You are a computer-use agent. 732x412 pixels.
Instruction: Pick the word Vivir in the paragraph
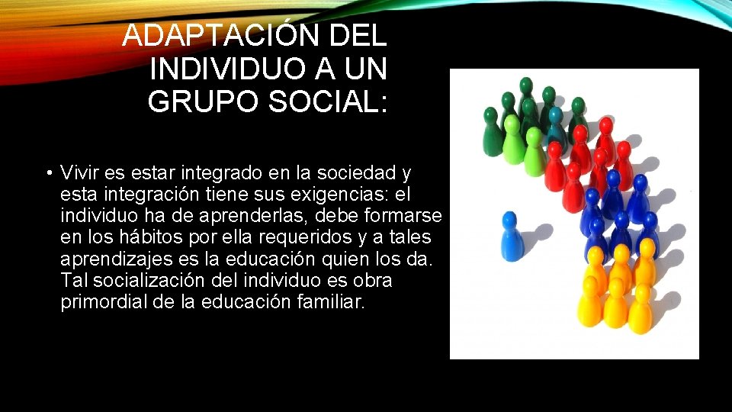(x=81, y=172)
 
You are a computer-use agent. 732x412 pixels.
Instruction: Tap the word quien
(x=348, y=259)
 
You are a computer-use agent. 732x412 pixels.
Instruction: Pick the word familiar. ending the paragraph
(x=327, y=303)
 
